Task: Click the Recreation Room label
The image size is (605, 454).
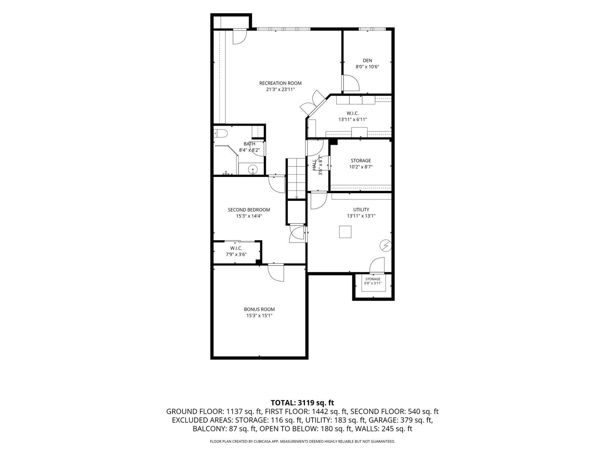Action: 280,83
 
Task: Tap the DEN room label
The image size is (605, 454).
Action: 367,60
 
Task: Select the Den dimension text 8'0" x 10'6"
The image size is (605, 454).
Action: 367,67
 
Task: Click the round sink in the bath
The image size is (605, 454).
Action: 252,169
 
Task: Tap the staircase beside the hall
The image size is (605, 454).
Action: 297,178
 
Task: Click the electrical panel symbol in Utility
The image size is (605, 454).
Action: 385,245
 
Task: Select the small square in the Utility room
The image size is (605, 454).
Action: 345,232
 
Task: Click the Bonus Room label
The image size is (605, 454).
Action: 259,309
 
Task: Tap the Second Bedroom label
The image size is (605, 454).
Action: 249,210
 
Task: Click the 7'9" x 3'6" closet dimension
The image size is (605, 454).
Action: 236,255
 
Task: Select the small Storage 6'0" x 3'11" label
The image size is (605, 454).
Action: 373,281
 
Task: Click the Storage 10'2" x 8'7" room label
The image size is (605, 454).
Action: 361,163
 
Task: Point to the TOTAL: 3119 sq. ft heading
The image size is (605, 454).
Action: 302,403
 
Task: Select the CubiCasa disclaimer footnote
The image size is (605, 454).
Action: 302,441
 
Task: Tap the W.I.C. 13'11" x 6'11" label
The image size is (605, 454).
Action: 353,116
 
